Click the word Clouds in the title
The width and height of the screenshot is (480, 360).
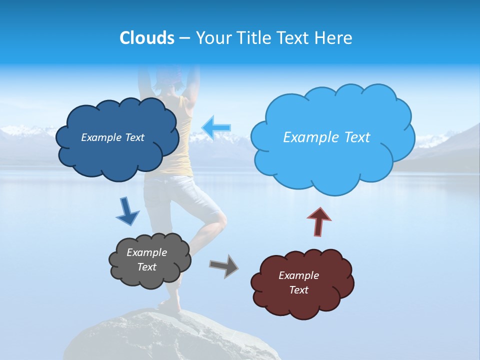[x=147, y=38]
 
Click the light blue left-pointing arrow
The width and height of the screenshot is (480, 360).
[x=216, y=127]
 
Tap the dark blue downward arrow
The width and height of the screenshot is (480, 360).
[x=127, y=212]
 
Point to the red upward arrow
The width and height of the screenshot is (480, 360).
[x=319, y=221]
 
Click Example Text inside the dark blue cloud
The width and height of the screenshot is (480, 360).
[x=112, y=137]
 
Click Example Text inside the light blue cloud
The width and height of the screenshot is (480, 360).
[x=326, y=137]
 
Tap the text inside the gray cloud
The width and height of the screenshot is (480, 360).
[x=146, y=260]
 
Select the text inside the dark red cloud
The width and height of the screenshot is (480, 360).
[x=298, y=283]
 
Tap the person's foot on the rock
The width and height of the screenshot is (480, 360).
[x=170, y=306]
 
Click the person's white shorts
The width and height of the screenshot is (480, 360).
[x=170, y=195]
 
